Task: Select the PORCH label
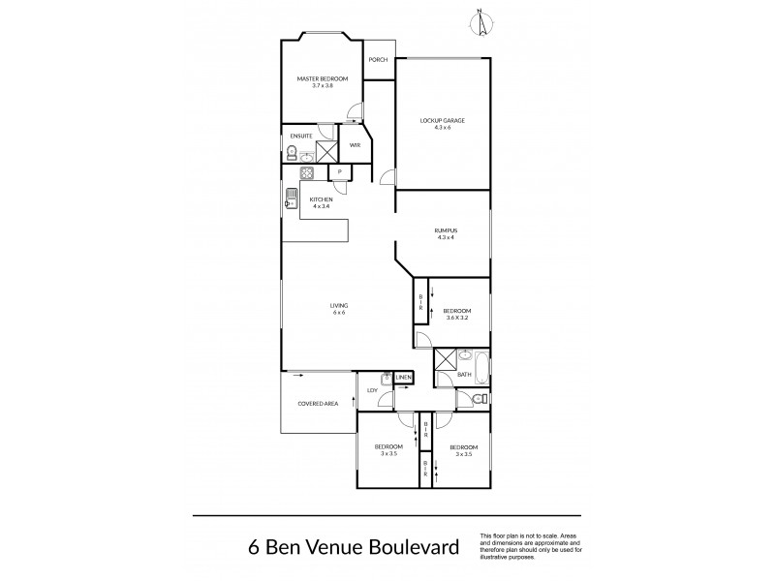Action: click(x=378, y=60)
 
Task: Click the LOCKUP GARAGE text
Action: click(x=443, y=121)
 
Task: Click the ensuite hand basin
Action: click(x=306, y=156)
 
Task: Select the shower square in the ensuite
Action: click(x=326, y=149)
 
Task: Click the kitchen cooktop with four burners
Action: click(x=306, y=173)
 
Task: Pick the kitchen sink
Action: click(x=292, y=200)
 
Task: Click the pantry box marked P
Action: click(x=340, y=173)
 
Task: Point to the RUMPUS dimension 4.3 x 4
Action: click(x=446, y=237)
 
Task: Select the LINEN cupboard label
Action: click(x=404, y=377)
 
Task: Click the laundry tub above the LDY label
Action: click(x=386, y=380)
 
